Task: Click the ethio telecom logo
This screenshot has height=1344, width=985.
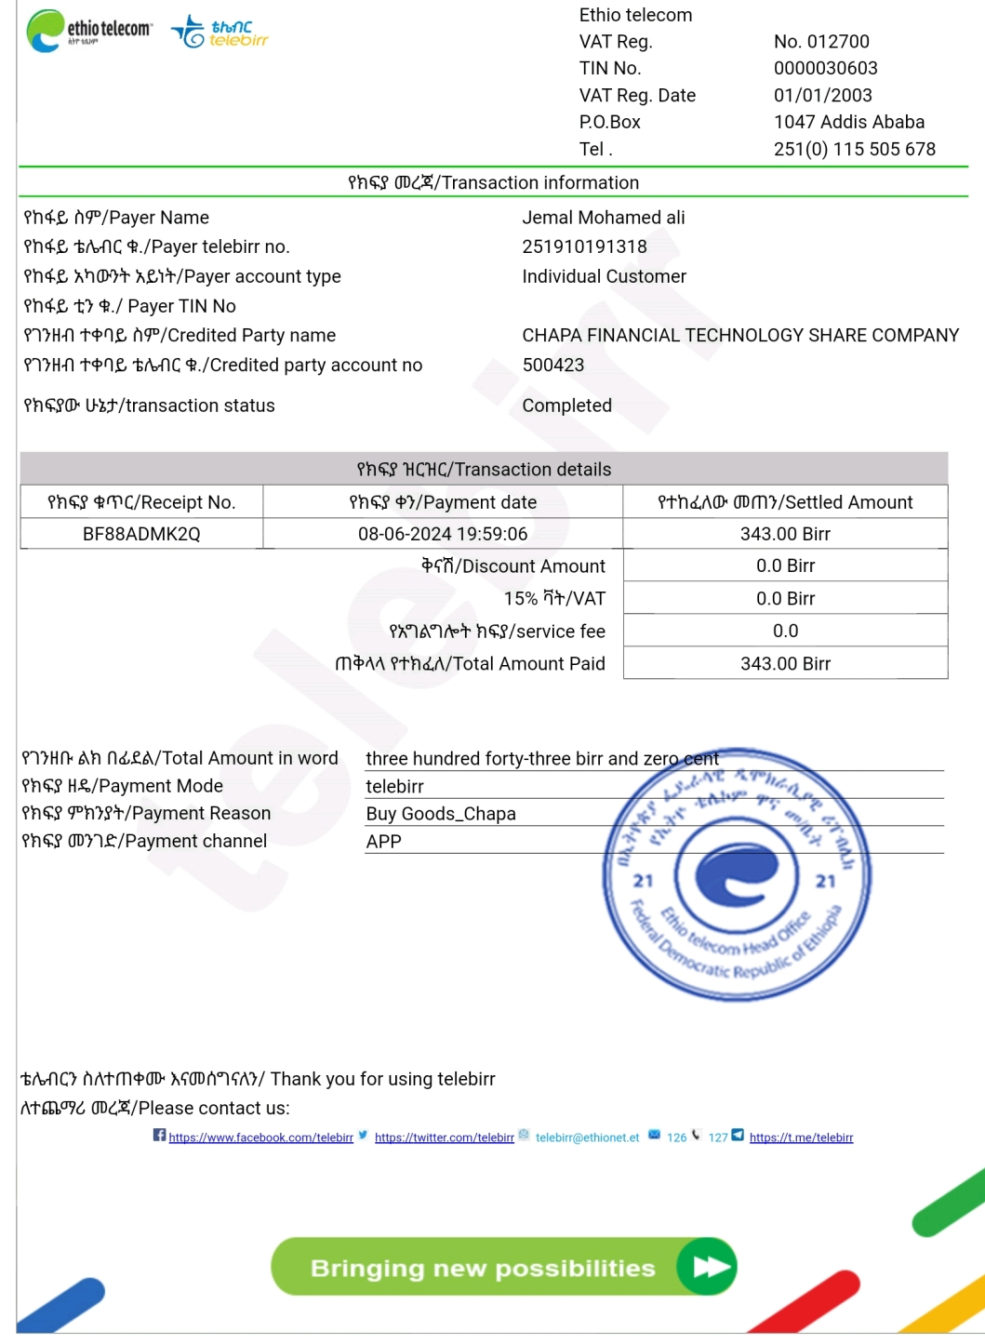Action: (89, 31)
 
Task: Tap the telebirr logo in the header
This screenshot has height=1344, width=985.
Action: (220, 33)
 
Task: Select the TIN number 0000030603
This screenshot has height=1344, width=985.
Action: (825, 68)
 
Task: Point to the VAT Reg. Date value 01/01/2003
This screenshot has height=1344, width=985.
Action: (822, 95)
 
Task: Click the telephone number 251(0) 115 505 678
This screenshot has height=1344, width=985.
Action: (854, 149)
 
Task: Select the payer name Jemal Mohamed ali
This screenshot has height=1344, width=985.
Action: (603, 218)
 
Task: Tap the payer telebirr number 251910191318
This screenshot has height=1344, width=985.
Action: (584, 246)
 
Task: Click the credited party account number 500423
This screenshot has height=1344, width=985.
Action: (552, 365)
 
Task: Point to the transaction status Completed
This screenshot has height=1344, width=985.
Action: (566, 406)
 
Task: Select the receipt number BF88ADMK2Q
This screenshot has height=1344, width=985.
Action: (141, 534)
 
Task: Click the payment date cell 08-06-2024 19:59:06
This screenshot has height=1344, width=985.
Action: (443, 534)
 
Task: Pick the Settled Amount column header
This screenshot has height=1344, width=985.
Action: (785, 502)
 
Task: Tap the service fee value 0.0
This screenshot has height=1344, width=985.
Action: (785, 631)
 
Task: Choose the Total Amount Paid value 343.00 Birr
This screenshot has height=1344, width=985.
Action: (785, 663)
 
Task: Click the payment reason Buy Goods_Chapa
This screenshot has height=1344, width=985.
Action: (440, 814)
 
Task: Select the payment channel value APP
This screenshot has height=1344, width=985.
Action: (383, 842)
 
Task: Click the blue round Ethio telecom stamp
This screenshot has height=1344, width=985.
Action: (737, 876)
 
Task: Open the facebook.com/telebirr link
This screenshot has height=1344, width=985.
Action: (260, 1138)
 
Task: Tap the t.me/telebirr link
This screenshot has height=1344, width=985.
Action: (801, 1138)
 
